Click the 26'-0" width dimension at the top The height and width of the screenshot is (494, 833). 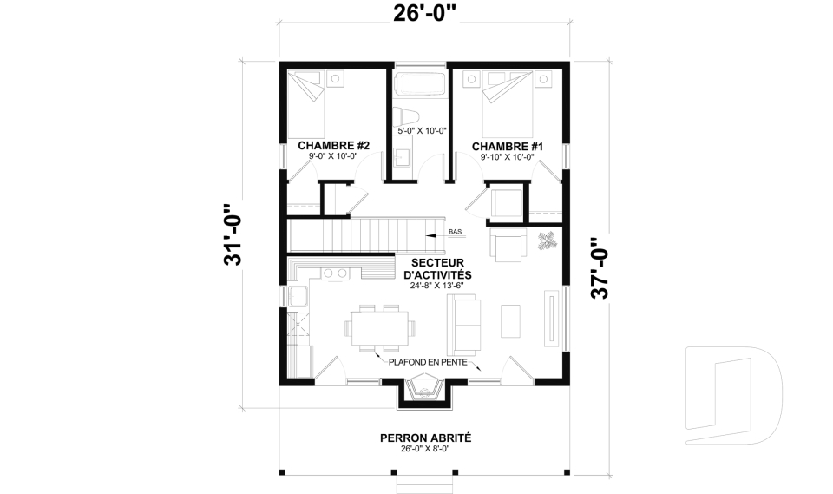pos(424,14)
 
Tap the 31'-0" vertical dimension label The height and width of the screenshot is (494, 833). pos(233,234)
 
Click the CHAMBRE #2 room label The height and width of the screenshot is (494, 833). pos(333,146)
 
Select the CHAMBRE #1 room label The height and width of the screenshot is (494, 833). pos(508,146)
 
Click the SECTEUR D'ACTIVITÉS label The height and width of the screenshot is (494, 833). pos(437,268)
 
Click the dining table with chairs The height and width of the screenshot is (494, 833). pos(379,328)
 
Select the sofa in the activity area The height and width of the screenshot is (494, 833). pos(464,325)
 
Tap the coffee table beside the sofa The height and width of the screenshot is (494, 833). pos(510,320)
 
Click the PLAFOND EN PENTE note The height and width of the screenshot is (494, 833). pos(428,363)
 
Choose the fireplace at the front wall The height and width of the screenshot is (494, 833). pos(424,391)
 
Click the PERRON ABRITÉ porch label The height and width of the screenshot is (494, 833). pos(425,438)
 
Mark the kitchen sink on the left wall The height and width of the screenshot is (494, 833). pos(298,296)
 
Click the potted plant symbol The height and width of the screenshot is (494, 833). pos(548,240)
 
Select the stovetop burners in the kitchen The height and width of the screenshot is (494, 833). pos(334,273)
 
